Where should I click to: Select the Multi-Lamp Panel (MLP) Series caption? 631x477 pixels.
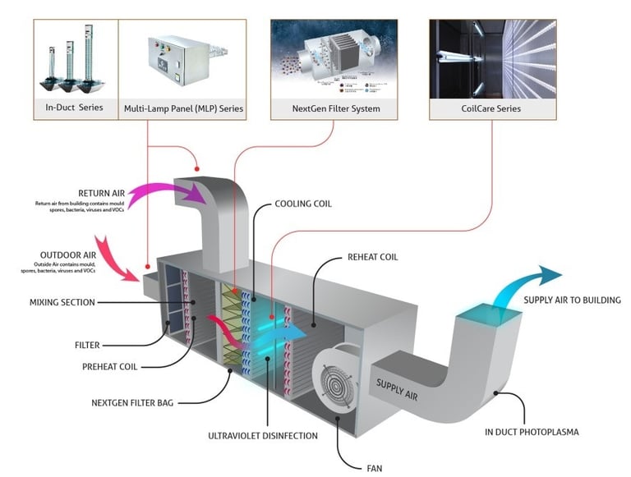click(x=183, y=108)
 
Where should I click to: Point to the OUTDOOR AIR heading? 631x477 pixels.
click(x=69, y=255)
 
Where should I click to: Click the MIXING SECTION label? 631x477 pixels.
click(x=62, y=302)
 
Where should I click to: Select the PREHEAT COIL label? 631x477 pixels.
click(x=110, y=366)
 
